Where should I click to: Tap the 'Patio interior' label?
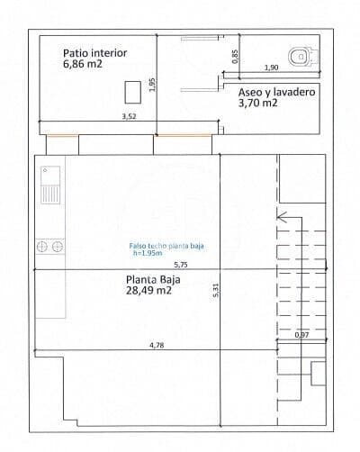(x=94, y=53)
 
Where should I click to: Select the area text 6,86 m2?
(x=82, y=66)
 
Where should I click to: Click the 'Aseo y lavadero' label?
(x=276, y=92)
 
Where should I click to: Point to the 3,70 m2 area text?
(x=257, y=104)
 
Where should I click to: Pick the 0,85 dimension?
(x=236, y=55)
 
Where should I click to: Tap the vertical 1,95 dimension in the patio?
(x=153, y=85)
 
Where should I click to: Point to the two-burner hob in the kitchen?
(x=49, y=245)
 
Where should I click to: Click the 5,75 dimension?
(x=180, y=265)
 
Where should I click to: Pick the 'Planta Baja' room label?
(x=154, y=279)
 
